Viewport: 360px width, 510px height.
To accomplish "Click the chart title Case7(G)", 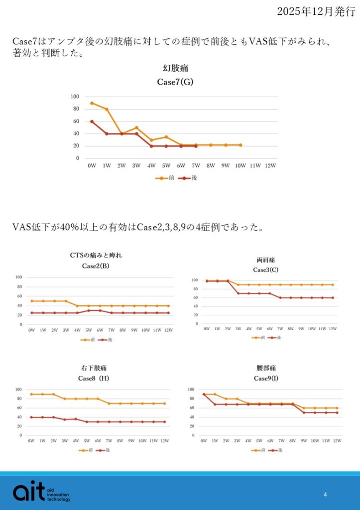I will (x=175, y=82).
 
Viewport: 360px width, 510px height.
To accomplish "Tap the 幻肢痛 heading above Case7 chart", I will (x=175, y=68).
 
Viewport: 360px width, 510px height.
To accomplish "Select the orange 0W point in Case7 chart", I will (x=92, y=103).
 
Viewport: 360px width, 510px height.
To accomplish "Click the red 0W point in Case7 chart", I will (x=92, y=122).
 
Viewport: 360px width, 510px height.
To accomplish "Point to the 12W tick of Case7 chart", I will (x=270, y=165).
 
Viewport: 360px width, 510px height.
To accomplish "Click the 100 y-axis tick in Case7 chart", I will (x=75, y=97).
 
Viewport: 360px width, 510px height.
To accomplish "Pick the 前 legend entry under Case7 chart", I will (x=166, y=177).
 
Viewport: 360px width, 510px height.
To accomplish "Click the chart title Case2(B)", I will (x=96, y=266).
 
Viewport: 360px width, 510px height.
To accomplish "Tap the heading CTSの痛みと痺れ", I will (x=96, y=255).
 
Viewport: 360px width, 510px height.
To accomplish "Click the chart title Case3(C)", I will (x=266, y=270).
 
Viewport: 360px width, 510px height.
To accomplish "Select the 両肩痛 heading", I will (x=266, y=260).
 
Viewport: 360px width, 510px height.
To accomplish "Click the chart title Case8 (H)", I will (x=93, y=378).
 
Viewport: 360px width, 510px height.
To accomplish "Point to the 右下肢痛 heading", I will (x=93, y=368).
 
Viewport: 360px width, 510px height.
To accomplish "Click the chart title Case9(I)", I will (x=266, y=378).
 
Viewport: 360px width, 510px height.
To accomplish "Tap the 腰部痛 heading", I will (x=266, y=368).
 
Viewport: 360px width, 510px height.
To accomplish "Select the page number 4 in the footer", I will (x=325, y=495).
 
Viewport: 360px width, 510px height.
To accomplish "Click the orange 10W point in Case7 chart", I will (x=240, y=145).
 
